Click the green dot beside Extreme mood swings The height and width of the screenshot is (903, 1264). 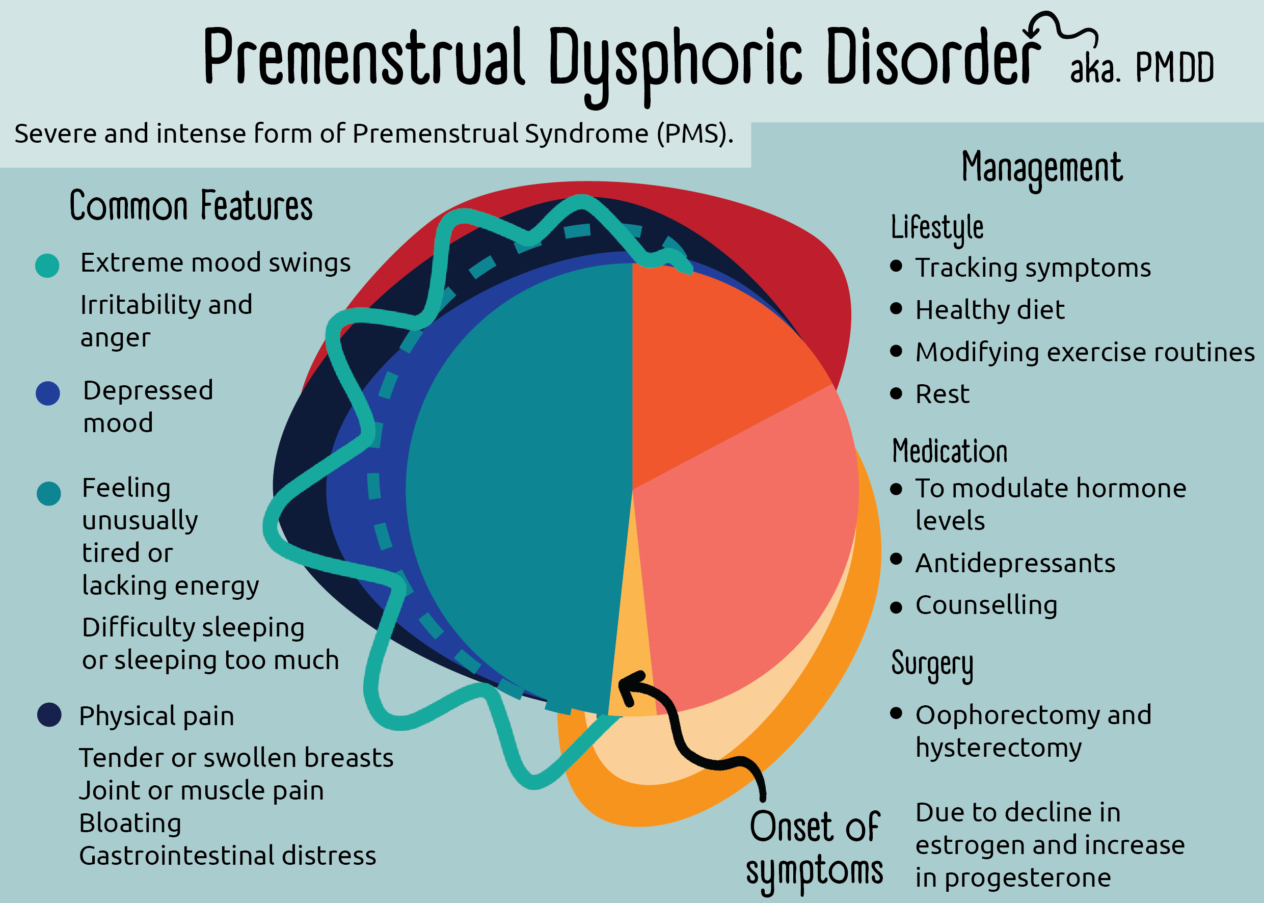(47, 265)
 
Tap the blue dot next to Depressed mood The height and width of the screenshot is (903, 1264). (48, 393)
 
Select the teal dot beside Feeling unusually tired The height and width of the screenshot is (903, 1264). (49, 494)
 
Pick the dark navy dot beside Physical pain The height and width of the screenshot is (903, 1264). (49, 715)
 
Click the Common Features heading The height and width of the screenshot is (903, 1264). (191, 206)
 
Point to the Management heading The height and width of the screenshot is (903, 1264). (1042, 168)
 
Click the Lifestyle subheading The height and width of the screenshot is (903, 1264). (937, 228)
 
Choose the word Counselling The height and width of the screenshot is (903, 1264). (986, 605)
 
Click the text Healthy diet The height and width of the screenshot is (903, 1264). (990, 310)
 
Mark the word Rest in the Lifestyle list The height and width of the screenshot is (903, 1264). (942, 394)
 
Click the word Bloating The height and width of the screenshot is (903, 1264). (130, 823)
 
